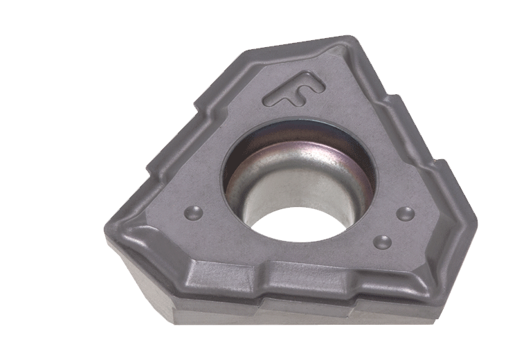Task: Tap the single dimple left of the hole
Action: point(194,213)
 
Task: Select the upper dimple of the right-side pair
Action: point(406,214)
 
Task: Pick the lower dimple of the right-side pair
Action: point(383,242)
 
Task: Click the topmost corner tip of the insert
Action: point(349,35)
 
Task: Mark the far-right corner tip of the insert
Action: point(475,223)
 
